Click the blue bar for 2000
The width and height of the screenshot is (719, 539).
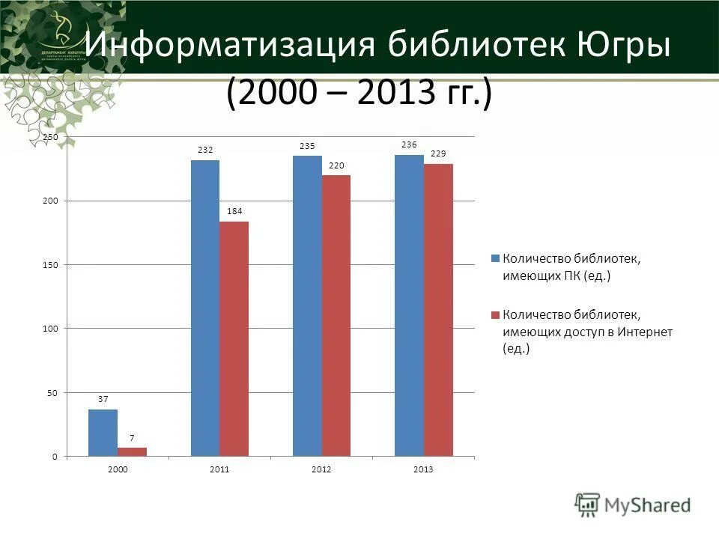click(103, 433)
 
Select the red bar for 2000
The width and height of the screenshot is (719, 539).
click(132, 451)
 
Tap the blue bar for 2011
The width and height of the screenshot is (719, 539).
click(205, 308)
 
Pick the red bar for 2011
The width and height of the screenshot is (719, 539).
click(234, 338)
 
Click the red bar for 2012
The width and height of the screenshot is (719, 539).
click(336, 315)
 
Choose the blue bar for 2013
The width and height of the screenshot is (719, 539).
click(409, 305)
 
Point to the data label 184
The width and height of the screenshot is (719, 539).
click(234, 212)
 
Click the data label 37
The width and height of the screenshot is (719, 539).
click(103, 400)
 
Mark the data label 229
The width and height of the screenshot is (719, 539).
click(438, 153)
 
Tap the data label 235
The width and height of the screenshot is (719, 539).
click(306, 146)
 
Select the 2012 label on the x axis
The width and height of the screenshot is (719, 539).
click(321, 469)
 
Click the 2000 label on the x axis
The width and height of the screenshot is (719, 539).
click(118, 469)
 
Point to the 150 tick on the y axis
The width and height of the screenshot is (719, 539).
click(49, 265)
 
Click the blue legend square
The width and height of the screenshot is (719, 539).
click(494, 258)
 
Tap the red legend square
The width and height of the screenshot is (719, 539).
click(494, 314)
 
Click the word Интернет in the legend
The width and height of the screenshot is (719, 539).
click(645, 332)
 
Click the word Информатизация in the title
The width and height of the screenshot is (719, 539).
click(229, 46)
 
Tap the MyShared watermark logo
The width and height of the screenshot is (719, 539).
click(634, 505)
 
